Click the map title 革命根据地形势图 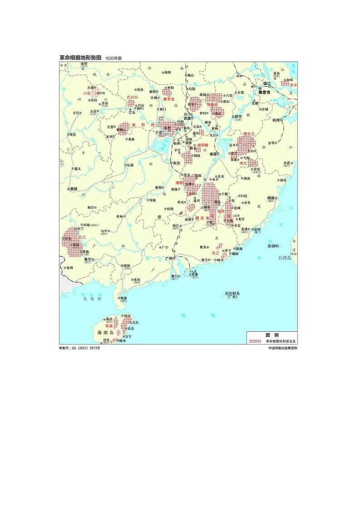pos(80,58)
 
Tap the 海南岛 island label pos(106,333)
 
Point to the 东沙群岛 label pos(232,294)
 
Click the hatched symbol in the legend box pos(257,340)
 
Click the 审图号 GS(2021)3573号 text pos(79,348)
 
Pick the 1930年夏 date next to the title pos(113,58)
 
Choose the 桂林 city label pos(120,217)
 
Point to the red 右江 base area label pos(82,237)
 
